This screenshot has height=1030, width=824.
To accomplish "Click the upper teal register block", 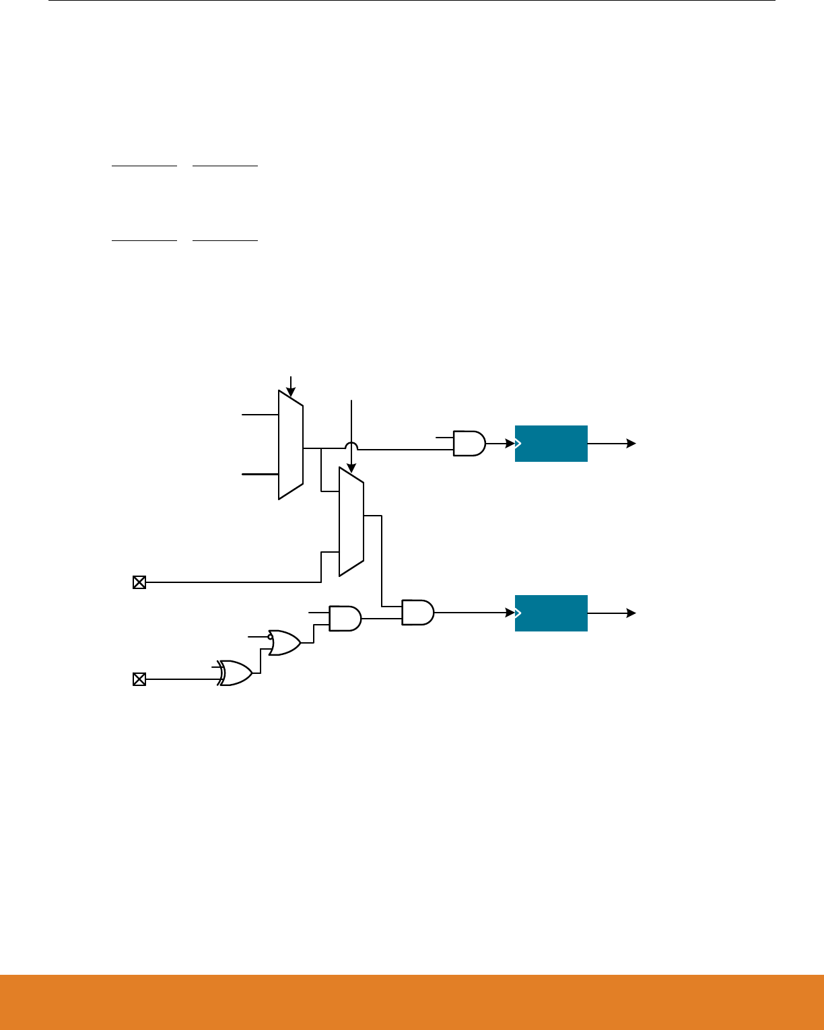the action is [551, 444].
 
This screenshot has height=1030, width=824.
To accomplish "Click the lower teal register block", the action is [551, 613].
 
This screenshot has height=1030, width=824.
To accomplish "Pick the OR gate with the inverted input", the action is [285, 643].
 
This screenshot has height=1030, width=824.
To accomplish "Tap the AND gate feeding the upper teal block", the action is [469, 444].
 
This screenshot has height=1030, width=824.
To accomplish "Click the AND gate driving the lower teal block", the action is [417, 613].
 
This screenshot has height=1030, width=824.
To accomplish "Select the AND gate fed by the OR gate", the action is [345, 618].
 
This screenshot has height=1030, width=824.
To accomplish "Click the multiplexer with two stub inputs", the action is [291, 444].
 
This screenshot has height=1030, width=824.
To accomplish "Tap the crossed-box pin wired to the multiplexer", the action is [139, 582].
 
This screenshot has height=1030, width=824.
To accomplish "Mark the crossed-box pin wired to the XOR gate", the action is [139, 679].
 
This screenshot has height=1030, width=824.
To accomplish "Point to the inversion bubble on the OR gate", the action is [270, 636].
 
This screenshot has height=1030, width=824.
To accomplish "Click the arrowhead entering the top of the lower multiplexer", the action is [351, 467].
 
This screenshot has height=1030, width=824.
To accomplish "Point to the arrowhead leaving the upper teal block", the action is [631, 444].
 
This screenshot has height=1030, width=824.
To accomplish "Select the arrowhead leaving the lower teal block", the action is [631, 613].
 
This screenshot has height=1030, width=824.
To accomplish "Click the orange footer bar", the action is [412, 1002].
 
